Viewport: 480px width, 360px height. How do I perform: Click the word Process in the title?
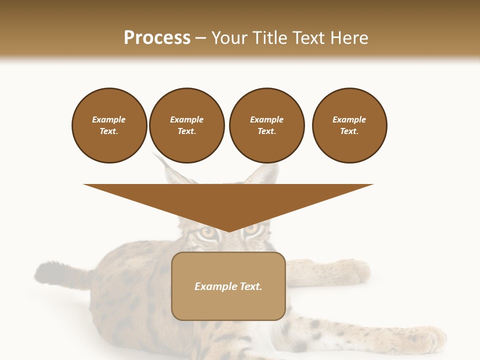tap(157, 38)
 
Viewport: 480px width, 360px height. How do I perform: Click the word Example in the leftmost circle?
tap(108, 119)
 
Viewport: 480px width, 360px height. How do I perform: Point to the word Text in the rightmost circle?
tap(349, 131)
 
